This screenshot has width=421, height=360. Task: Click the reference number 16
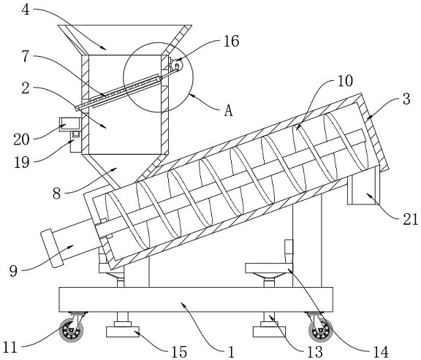click(x=231, y=42)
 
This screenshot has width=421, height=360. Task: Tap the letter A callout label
click(x=229, y=110)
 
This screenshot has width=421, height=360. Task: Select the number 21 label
click(x=411, y=220)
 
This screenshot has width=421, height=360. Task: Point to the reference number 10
click(x=345, y=81)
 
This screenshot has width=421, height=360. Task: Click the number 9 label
click(x=13, y=271)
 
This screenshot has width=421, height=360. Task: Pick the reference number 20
click(x=21, y=139)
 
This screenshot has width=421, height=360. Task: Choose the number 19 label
click(x=22, y=162)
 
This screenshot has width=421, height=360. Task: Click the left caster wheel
click(x=71, y=331)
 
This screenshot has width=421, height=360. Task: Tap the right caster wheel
click(x=320, y=331)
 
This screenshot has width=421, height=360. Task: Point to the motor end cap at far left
click(x=51, y=248)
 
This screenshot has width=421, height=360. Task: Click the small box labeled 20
click(x=70, y=125)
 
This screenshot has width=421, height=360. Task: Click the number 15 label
click(x=179, y=352)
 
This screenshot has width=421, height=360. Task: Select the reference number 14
click(x=381, y=352)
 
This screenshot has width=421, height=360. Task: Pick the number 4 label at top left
click(x=26, y=10)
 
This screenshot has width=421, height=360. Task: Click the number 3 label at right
click(x=407, y=99)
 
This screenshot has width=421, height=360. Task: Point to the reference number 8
click(x=57, y=194)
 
